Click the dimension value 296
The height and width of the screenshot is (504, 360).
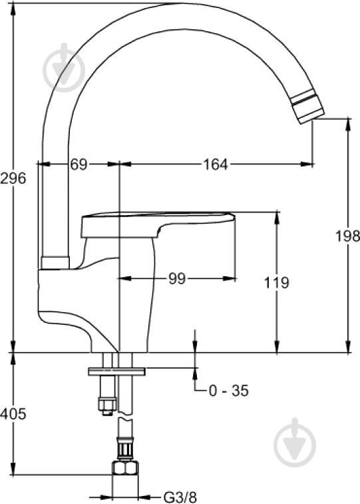click(x=13, y=178)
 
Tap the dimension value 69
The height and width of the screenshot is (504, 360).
click(x=79, y=164)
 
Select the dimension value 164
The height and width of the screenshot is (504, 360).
click(x=216, y=164)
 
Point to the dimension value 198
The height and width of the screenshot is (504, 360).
click(x=347, y=236)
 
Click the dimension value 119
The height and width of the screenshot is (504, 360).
click(x=277, y=282)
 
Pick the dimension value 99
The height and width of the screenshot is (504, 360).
click(x=177, y=278)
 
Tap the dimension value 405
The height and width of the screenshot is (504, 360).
click(x=13, y=413)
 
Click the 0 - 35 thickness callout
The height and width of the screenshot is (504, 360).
click(x=229, y=391)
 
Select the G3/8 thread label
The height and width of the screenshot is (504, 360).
click(x=180, y=497)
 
